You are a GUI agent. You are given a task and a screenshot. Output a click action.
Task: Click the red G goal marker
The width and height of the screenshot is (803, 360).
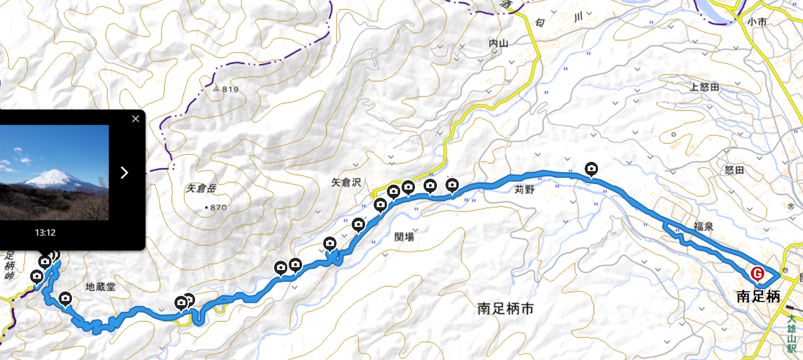757,274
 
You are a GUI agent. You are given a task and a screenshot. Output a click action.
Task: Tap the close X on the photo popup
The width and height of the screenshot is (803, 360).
135,119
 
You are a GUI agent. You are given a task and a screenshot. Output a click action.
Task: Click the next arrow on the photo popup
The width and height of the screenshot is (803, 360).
124,173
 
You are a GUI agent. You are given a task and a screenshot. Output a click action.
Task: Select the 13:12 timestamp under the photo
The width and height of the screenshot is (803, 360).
45,233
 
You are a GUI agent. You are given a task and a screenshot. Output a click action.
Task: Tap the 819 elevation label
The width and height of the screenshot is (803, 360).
230,89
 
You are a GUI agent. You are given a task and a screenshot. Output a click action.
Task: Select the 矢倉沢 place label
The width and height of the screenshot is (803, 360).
346,183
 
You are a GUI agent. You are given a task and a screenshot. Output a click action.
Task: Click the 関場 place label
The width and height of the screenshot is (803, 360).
404,237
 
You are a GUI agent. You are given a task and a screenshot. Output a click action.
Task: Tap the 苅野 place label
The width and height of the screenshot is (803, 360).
524,189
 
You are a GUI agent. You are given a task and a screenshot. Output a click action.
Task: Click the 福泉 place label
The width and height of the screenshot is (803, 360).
703,226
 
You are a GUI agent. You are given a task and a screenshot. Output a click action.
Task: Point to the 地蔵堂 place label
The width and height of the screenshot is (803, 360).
100,287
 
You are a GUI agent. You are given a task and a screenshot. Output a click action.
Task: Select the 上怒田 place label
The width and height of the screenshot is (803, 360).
704,87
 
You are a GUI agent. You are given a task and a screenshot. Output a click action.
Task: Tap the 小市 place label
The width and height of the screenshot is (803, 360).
756,22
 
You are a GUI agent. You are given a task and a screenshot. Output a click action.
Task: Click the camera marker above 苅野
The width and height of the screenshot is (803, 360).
591,169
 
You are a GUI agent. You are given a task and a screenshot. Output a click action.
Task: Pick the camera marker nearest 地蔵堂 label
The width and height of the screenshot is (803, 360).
66,299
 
